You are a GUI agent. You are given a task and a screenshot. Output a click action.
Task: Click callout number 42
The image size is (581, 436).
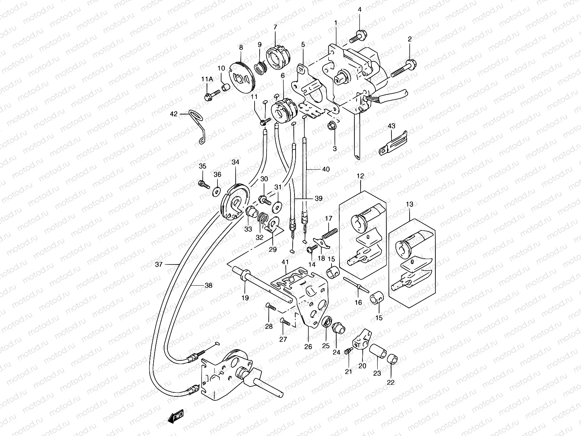(174, 114)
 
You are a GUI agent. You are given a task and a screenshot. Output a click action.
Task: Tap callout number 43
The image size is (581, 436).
(391, 126)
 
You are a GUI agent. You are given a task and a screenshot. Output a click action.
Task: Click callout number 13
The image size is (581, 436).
(410, 205)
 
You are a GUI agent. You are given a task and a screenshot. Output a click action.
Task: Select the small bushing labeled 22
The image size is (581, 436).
(392, 359)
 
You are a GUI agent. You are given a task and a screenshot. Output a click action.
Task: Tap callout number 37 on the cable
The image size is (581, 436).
(158, 265)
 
